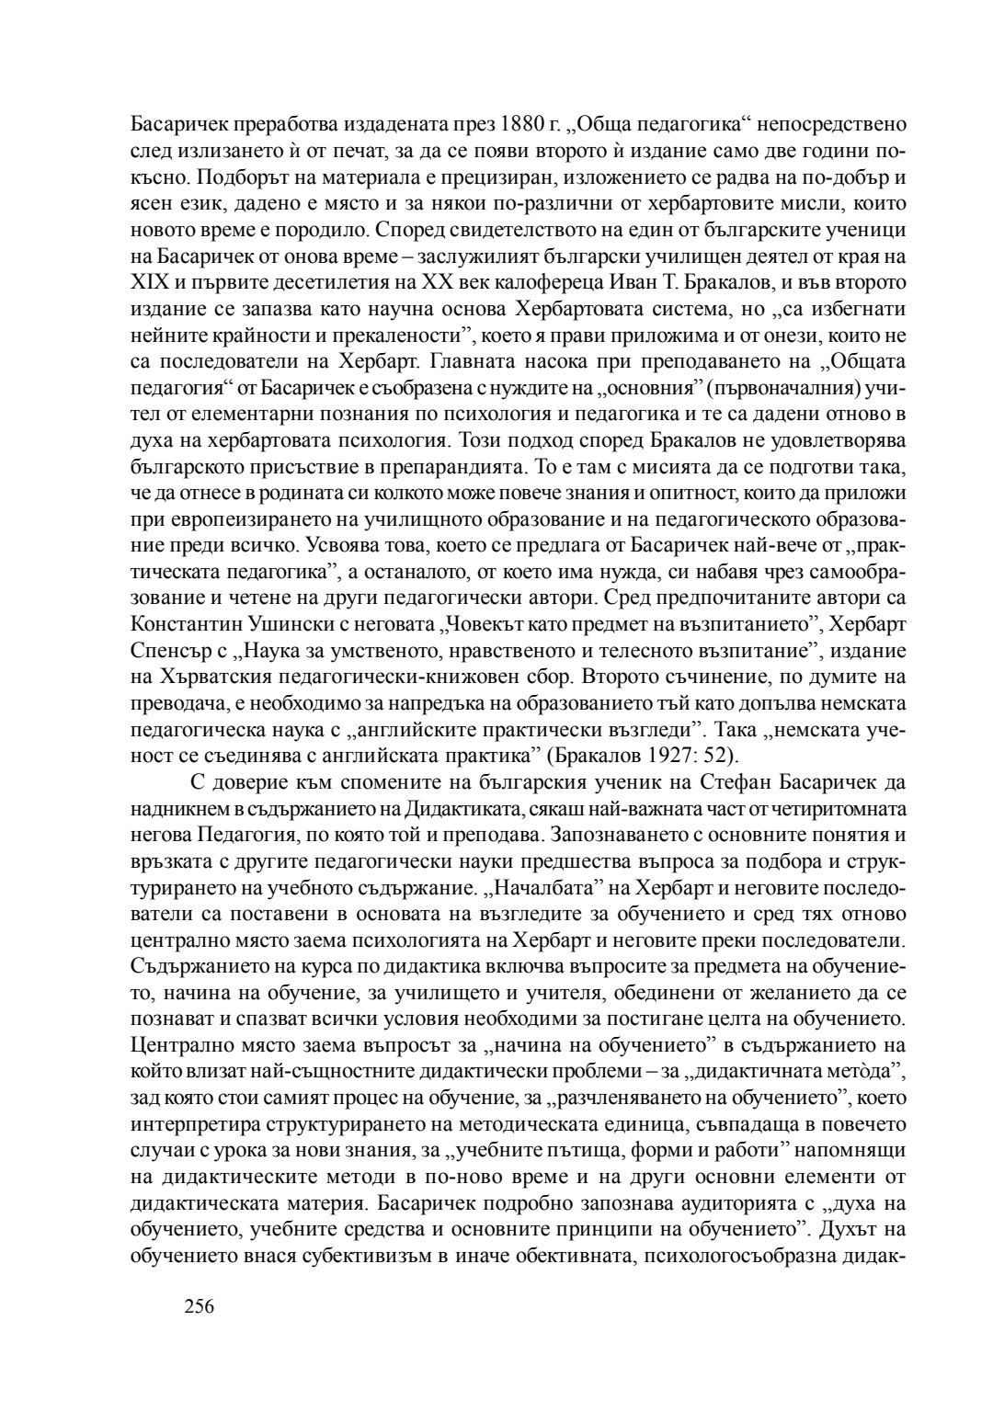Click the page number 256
pyautogui.click(x=199, y=1305)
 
